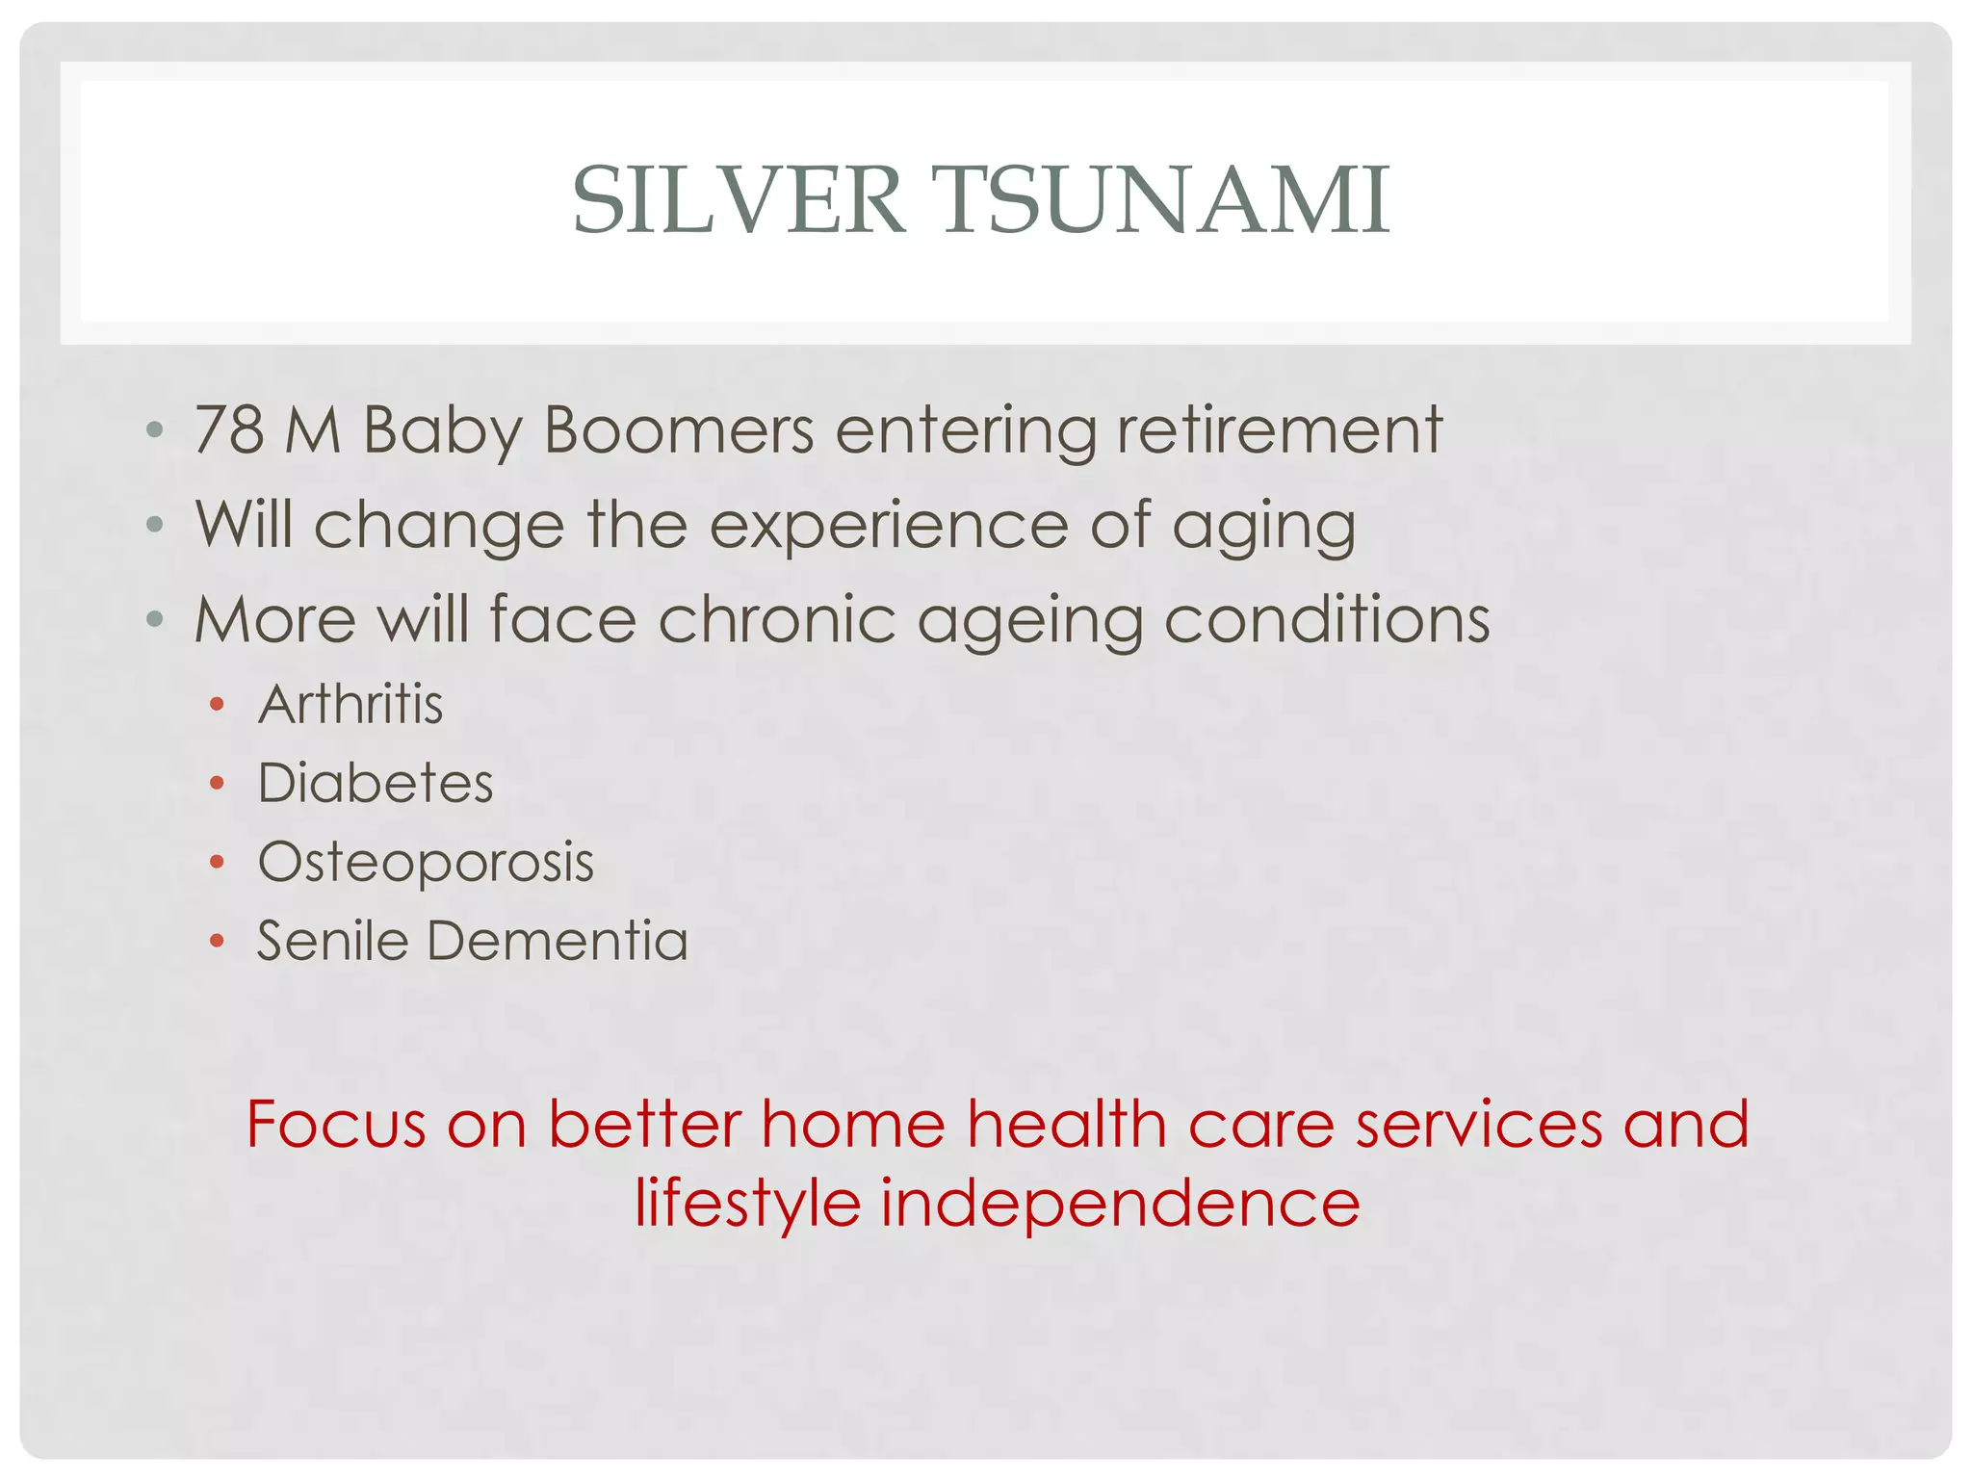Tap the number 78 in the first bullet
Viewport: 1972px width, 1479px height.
[229, 429]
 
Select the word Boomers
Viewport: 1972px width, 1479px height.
[679, 429]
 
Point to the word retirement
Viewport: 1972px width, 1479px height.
[1280, 429]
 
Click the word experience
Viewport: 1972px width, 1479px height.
[889, 526]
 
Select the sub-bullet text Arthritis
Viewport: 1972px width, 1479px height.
[350, 704]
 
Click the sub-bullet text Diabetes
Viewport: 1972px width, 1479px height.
[376, 782]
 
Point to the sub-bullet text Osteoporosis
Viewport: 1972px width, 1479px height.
[426, 862]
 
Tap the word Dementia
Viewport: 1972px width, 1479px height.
[558, 940]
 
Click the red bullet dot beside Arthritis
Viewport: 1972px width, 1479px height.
[217, 705]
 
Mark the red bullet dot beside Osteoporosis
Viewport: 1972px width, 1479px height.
[217, 862]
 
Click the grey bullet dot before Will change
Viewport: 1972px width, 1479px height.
[155, 525]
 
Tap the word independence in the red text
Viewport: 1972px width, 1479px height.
[1120, 1204]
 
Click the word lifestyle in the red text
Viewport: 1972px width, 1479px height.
[747, 1204]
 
